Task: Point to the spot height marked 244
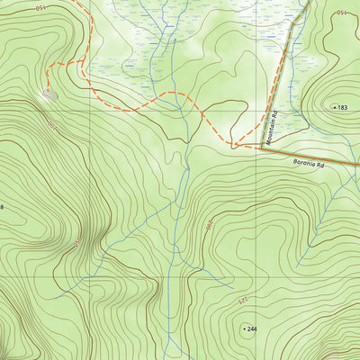[251, 329]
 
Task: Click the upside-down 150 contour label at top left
[41, 6]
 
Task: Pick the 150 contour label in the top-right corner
[340, 12]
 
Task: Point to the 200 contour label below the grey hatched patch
[52, 125]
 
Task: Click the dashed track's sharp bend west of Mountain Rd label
[232, 144]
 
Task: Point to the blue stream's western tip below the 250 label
[56, 297]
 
